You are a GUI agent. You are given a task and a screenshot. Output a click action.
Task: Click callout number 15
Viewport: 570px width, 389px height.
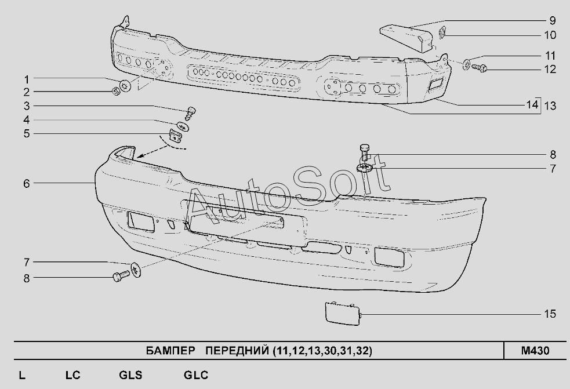pyautogui.click(x=550, y=314)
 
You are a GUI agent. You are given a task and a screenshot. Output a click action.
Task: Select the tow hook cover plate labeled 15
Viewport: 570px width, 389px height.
pyautogui.click(x=342, y=313)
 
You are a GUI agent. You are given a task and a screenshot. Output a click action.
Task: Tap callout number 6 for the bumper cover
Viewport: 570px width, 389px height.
pyautogui.click(x=26, y=183)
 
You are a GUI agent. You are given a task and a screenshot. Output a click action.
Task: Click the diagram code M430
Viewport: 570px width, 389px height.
pyautogui.click(x=535, y=351)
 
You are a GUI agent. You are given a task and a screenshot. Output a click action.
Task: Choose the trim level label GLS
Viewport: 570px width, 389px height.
pyautogui.click(x=130, y=375)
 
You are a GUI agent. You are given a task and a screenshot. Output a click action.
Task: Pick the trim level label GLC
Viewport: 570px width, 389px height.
pyautogui.click(x=196, y=375)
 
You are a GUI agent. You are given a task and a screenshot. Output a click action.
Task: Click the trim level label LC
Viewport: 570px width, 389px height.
pyautogui.click(x=72, y=375)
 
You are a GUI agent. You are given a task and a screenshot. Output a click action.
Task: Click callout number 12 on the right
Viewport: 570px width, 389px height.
pyautogui.click(x=550, y=70)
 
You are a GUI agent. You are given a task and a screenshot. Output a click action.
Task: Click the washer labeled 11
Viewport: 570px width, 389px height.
pyautogui.click(x=467, y=64)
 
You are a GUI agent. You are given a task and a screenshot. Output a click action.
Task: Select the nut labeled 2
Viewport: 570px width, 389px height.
pyautogui.click(x=115, y=91)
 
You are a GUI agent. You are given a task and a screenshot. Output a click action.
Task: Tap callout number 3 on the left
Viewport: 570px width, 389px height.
pyautogui.click(x=26, y=106)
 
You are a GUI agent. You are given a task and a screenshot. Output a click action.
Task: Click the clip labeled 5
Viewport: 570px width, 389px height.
pyautogui.click(x=176, y=137)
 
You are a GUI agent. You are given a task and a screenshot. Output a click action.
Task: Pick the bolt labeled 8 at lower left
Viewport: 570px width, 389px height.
pyautogui.click(x=121, y=278)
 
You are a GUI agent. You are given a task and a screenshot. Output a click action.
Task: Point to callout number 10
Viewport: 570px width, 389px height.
pyautogui.click(x=550, y=35)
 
